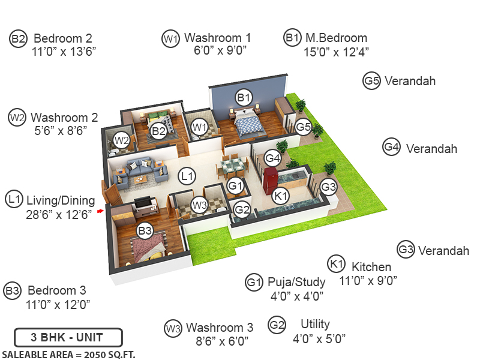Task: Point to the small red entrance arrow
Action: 100,211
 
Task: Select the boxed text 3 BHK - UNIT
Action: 68,337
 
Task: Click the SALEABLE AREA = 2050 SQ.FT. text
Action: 68,354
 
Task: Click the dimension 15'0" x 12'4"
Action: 336,52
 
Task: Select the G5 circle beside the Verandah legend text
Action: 371,81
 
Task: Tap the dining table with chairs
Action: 230,166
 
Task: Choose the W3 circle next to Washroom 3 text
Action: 173,328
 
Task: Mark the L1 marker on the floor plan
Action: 188,176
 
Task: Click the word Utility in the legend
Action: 315,324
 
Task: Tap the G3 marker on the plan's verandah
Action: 328,187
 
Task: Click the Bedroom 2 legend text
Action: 62,38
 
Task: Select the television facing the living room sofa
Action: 143,204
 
